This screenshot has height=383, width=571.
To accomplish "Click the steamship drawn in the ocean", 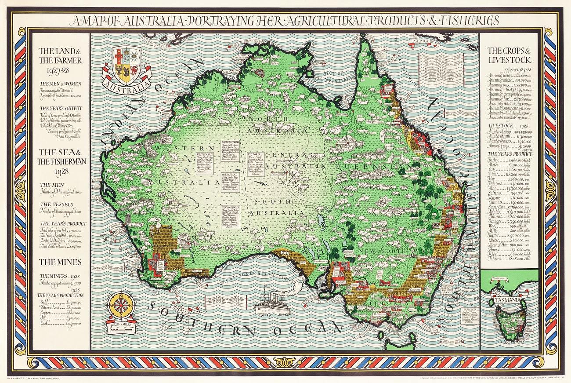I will (269, 303).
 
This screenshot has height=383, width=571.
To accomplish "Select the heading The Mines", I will (60, 262).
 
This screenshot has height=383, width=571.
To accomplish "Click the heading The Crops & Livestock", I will (509, 55).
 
